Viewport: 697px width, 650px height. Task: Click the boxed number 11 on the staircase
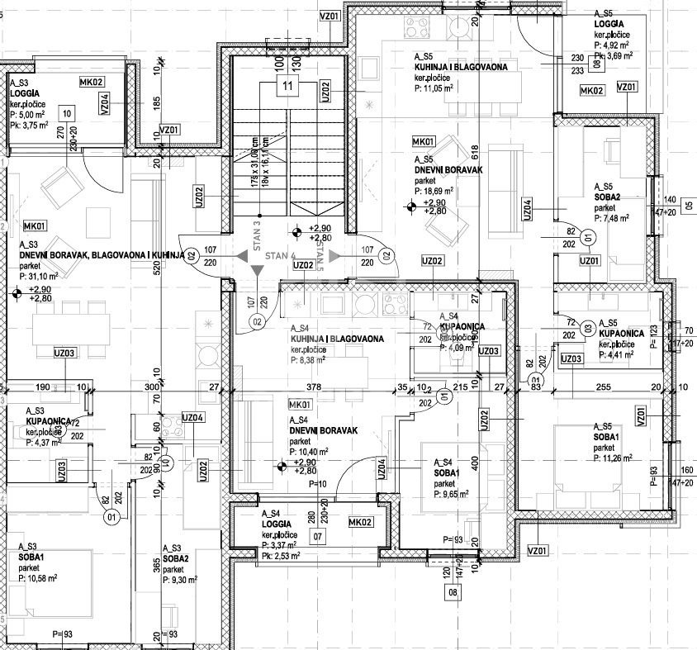point(287,86)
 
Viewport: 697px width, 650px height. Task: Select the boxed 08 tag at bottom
point(452,592)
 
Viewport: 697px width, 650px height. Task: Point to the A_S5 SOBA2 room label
point(612,197)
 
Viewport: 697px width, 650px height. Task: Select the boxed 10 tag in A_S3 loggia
point(67,113)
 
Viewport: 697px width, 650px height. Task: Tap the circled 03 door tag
point(588,327)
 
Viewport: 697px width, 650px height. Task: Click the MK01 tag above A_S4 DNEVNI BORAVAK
point(300,405)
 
